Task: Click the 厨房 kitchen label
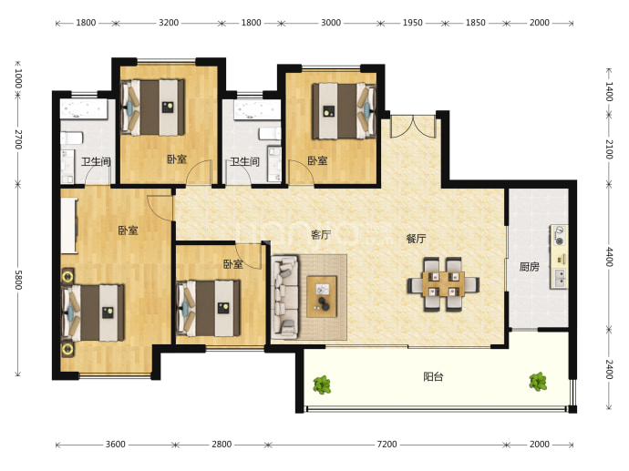pyautogui.click(x=529, y=267)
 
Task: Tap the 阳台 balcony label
pyautogui.click(x=433, y=377)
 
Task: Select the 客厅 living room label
pyautogui.click(x=321, y=234)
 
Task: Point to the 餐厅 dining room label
pyautogui.click(x=416, y=239)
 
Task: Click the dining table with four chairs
pyautogui.click(x=443, y=284)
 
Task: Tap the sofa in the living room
pyautogui.click(x=284, y=297)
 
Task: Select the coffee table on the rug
pyautogui.click(x=322, y=297)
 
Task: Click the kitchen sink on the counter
pyautogui.click(x=559, y=277)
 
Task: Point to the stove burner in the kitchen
pyautogui.click(x=559, y=235)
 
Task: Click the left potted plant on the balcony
pyautogui.click(x=322, y=384)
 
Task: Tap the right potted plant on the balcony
pyautogui.click(x=538, y=382)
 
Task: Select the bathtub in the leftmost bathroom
pyautogui.click(x=84, y=108)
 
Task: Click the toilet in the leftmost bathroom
pyautogui.click(x=71, y=138)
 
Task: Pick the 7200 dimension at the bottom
pyautogui.click(x=387, y=445)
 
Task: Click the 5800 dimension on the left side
pyautogui.click(x=18, y=280)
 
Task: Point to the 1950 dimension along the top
pyautogui.click(x=412, y=23)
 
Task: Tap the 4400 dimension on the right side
pyautogui.click(x=609, y=257)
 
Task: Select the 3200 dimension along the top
pyautogui.click(x=169, y=23)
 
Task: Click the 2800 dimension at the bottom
pyautogui.click(x=222, y=445)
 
